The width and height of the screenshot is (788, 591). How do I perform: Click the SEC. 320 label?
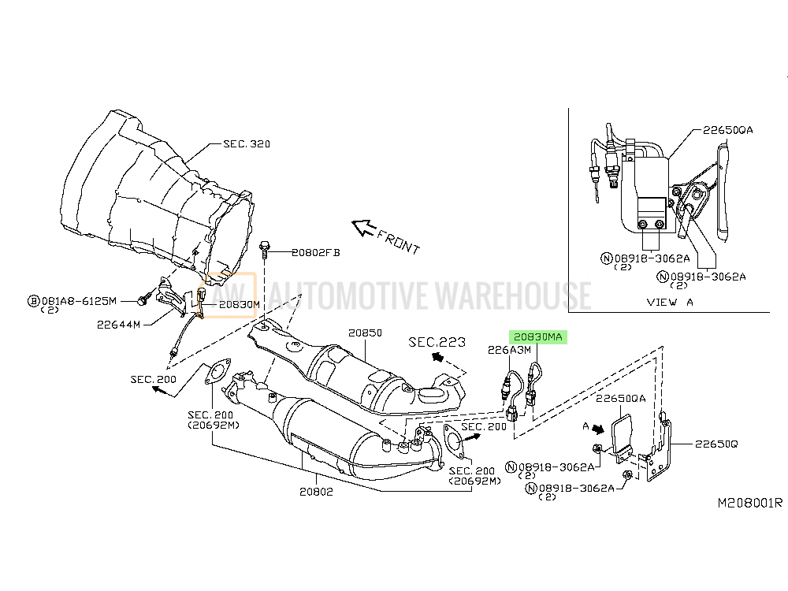[246, 143]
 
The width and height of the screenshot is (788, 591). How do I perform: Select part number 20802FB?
[316, 252]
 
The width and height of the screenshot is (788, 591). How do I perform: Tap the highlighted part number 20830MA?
[537, 336]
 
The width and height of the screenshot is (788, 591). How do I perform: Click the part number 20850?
[366, 333]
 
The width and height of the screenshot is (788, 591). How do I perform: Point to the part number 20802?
[316, 492]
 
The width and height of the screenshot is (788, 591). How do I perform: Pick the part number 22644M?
[119, 325]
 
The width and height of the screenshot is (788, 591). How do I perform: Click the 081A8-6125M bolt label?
[79, 301]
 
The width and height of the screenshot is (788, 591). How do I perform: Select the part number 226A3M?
[509, 350]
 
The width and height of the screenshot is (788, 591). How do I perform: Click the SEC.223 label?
[437, 342]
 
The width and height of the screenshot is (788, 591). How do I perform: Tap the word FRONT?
[398, 242]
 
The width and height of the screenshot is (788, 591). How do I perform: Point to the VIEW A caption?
[670, 302]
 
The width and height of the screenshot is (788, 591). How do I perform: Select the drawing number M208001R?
[750, 503]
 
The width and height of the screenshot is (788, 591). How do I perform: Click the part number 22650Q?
[716, 444]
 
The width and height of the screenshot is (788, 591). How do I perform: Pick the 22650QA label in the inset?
[727, 130]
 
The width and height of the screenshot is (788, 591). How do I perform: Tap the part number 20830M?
[240, 304]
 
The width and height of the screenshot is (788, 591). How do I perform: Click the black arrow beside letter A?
[597, 429]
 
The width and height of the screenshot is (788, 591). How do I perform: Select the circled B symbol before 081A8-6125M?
[33, 301]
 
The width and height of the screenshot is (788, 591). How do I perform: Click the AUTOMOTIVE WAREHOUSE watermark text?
[429, 295]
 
